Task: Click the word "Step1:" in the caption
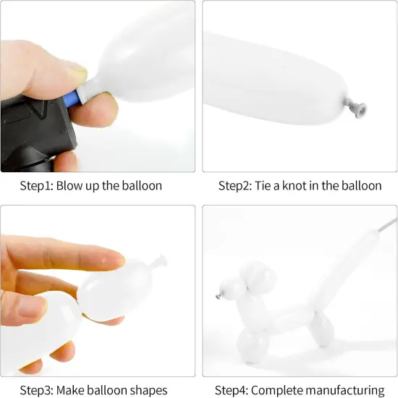coord(36,186)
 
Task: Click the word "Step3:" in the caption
coord(36,390)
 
